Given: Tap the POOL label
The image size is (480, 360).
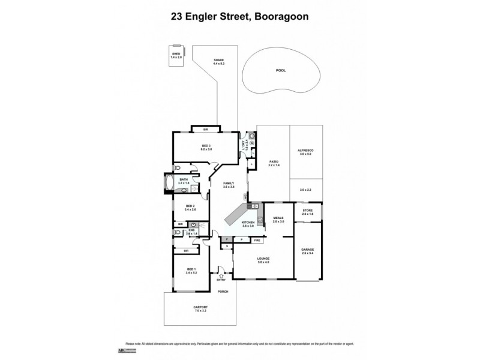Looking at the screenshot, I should [x=281, y=70].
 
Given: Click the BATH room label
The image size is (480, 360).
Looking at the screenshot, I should [x=183, y=181].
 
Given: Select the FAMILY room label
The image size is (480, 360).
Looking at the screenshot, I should [x=228, y=185].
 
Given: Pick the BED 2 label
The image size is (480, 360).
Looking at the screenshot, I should [x=190, y=208].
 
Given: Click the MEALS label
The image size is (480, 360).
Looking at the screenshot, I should [x=278, y=220].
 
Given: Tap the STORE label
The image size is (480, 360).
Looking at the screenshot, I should [x=307, y=212].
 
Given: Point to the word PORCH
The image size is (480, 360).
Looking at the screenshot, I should [x=223, y=292].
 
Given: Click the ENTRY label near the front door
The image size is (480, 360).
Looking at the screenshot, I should [x=221, y=279].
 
